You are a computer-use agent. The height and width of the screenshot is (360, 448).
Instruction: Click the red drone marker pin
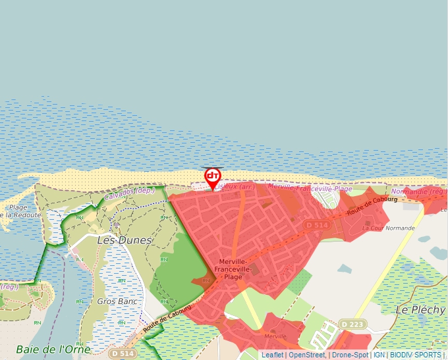tap(213, 177)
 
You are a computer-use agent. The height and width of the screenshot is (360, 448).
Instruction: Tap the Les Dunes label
tap(124, 240)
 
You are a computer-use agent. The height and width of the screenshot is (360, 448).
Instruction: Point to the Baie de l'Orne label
tap(53, 349)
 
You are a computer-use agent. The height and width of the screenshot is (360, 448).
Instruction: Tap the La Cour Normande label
tap(389, 228)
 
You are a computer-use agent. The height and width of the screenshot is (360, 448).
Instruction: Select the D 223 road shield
tap(353, 324)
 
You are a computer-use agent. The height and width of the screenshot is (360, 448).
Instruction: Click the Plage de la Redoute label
tap(18, 211)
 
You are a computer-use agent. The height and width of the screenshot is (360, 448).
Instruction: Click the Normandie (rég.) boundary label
tap(419, 193)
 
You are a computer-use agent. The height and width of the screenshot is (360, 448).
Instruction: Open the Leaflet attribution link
tap(272, 355)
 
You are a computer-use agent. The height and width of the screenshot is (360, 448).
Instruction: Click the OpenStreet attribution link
tap(306, 355)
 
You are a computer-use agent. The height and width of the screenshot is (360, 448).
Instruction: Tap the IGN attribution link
tap(379, 355)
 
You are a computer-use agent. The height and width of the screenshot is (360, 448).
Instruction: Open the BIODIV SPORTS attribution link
tap(415, 355)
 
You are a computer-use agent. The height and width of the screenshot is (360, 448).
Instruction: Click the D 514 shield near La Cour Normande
tap(317, 225)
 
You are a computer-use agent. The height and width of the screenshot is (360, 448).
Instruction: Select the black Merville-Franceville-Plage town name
tap(234, 269)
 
